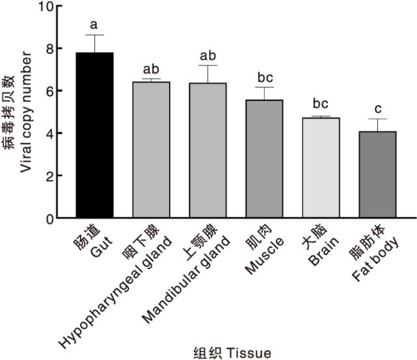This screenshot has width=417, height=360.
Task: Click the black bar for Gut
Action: click(95, 136)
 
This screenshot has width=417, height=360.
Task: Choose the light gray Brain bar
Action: click(321, 168)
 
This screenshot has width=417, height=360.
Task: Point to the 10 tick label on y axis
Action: click(46, 7)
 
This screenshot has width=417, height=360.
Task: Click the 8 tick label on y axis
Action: click(49, 49)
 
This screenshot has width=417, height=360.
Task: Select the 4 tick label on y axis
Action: click(49, 134)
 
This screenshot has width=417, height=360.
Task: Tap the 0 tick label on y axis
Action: click(49, 219)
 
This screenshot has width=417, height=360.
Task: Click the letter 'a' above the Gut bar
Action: click(94, 25)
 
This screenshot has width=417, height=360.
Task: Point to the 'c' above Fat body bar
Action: click(377, 109)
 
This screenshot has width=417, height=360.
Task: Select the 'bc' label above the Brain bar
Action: click(320, 104)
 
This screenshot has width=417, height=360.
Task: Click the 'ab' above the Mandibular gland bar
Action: click(208, 55)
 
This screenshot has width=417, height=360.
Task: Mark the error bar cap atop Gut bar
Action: click(95, 35)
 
